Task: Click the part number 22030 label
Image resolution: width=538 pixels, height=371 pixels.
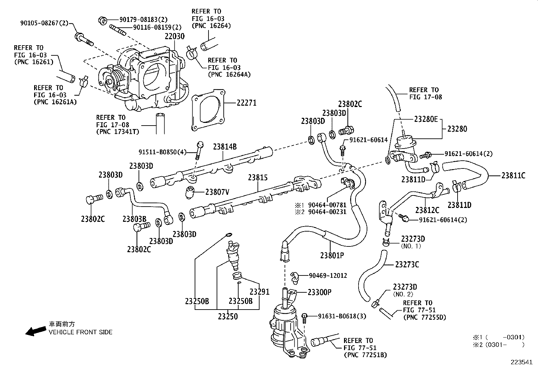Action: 175,36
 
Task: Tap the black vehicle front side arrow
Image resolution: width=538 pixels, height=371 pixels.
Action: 36,331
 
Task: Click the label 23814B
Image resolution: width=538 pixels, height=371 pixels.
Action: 225,147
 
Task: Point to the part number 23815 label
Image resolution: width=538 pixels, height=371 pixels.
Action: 258,178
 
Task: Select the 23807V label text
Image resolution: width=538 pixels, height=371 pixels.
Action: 217,192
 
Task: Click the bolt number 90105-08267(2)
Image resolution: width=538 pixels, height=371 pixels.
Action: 44,23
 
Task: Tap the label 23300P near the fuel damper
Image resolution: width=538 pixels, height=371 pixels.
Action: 319,292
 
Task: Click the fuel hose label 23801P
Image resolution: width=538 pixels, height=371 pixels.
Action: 332,255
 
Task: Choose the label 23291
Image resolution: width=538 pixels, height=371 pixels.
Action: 260,292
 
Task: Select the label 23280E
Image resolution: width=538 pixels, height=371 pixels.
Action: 426,119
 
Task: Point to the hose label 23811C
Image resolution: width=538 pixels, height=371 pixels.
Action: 513,175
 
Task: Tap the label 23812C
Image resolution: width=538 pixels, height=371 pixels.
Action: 427,210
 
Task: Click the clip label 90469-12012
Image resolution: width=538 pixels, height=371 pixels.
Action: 328,275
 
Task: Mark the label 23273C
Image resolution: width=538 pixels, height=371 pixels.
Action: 407,264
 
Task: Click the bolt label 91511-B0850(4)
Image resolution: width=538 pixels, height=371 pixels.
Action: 162,152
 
